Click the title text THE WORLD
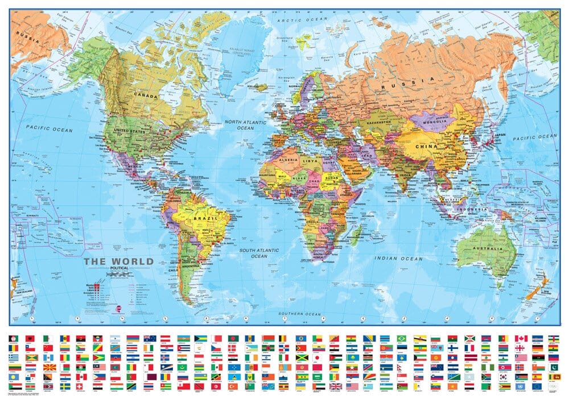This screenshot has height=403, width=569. [x=118, y=262]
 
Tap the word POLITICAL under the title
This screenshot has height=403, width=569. [x=118, y=269]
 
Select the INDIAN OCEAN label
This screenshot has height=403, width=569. [x=398, y=259]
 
